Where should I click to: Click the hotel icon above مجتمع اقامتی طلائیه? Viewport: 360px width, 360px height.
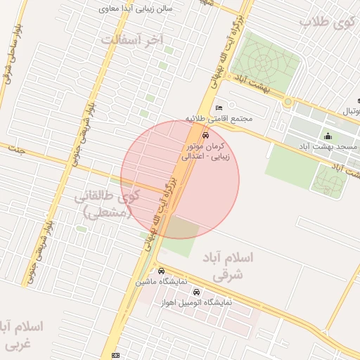(219, 107)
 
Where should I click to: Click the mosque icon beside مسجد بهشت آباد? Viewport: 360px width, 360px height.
(328, 136)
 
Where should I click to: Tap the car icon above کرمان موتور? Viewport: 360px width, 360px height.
(205, 135)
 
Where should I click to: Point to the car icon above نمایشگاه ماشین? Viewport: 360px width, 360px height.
(162, 271)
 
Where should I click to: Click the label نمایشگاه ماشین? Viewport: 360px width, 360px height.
(162, 281)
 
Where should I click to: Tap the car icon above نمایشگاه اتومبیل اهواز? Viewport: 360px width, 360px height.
(195, 292)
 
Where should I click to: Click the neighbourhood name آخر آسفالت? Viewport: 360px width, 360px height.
(131, 39)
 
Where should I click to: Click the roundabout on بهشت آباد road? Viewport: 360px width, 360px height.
(287, 103)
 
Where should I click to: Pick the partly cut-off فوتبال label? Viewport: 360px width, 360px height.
(349, 112)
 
